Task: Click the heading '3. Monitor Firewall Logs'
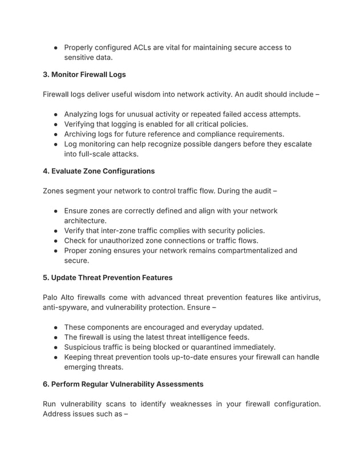click(x=84, y=74)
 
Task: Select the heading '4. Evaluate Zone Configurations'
click(x=98, y=171)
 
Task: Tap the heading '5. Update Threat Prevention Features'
click(x=107, y=278)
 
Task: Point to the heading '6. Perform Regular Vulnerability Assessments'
click(x=123, y=384)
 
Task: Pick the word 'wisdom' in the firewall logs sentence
click(x=154, y=94)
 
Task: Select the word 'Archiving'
click(x=82, y=134)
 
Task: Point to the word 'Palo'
click(x=52, y=297)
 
